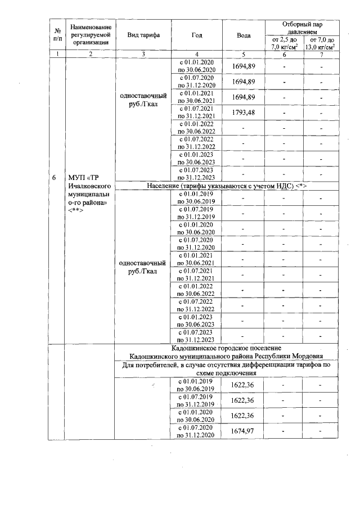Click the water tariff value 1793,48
click(x=244, y=112)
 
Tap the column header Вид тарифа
click(x=143, y=35)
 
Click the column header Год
click(x=196, y=35)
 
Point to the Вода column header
click(x=244, y=35)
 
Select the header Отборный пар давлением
click(x=303, y=29)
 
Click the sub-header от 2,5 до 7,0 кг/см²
click(x=284, y=43)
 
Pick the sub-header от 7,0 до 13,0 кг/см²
click(x=321, y=43)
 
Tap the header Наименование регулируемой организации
click(x=91, y=35)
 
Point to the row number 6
click(x=54, y=178)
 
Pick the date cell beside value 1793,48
click(x=196, y=112)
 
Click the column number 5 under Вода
click(x=244, y=54)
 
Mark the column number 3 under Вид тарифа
click(x=143, y=54)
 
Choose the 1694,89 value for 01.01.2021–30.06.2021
click(x=244, y=97)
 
